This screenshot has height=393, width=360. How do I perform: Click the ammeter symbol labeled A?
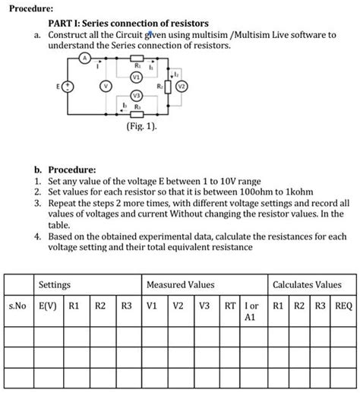(86, 58)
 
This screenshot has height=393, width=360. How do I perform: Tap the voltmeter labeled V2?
(181, 87)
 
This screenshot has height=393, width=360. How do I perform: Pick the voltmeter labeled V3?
(135, 95)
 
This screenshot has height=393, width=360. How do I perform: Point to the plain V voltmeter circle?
(107, 86)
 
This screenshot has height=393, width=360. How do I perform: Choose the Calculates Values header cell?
(312, 284)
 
